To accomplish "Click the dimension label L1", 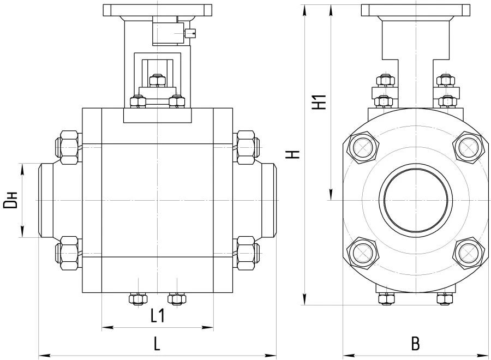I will coord(158,315).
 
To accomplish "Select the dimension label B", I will coord(415,344).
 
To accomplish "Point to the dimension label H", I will coord(295,154).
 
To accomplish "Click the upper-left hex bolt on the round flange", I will coord(363,147).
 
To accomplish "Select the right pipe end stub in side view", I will coord(268,200).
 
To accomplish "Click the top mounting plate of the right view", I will coord(416,10).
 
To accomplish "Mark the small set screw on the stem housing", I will coord(190,33).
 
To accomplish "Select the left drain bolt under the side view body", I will coord(139,299).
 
